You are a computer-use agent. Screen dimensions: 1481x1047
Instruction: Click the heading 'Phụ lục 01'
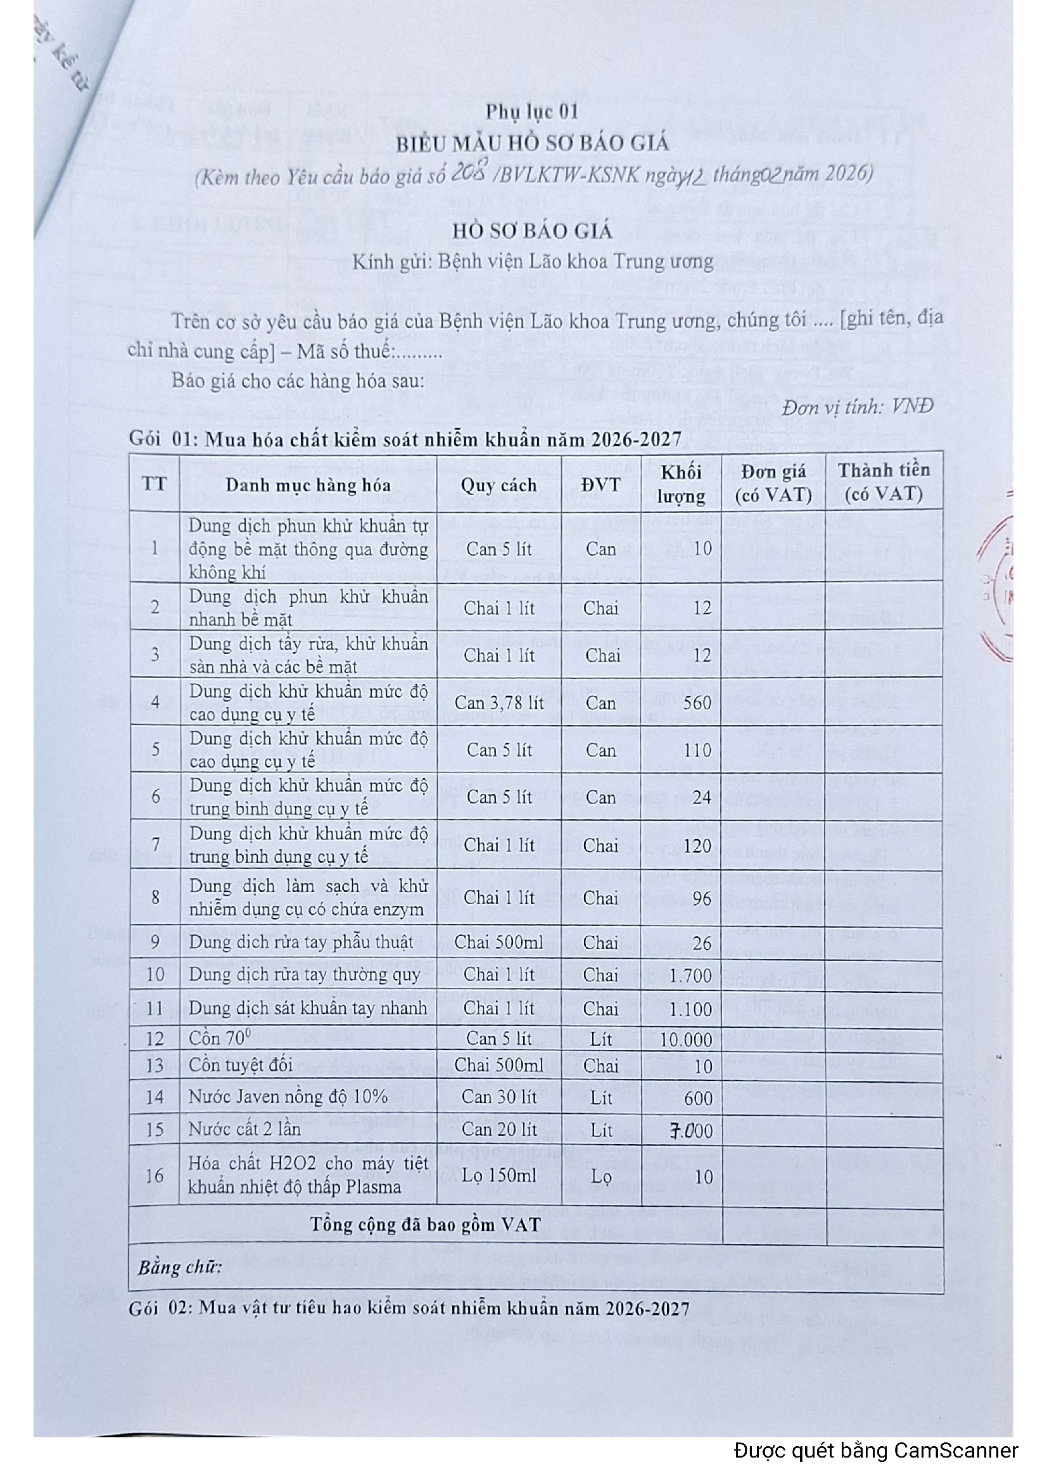tap(531, 112)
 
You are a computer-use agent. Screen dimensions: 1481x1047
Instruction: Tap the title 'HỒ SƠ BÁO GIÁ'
tap(531, 231)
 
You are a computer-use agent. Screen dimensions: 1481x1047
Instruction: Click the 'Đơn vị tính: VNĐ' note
tap(858, 407)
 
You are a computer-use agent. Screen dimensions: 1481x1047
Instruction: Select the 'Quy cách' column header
tap(498, 485)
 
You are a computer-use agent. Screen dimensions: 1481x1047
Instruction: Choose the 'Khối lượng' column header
tap(682, 484)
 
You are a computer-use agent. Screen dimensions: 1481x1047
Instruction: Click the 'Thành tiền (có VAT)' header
tap(883, 482)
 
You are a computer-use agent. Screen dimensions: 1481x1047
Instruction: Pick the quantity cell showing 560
tap(697, 702)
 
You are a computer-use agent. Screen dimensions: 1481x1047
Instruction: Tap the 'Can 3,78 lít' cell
tap(498, 702)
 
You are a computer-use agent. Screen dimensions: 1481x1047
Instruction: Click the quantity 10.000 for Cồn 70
tap(686, 1040)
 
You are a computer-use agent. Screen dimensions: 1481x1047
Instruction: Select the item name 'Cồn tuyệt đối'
tap(241, 1065)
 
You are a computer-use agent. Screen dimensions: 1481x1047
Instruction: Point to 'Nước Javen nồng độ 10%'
tap(288, 1097)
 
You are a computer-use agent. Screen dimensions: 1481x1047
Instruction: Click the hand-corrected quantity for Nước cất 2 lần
tap(690, 1131)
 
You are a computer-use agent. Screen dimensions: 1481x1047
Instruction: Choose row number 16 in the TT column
tap(154, 1176)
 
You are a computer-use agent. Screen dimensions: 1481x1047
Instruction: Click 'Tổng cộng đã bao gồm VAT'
tap(425, 1225)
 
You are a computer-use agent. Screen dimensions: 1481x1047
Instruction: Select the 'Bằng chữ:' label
tap(179, 1268)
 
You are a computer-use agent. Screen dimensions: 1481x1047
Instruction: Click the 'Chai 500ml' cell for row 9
tap(498, 942)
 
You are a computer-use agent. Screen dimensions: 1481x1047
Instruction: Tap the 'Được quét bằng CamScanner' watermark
tap(875, 1451)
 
